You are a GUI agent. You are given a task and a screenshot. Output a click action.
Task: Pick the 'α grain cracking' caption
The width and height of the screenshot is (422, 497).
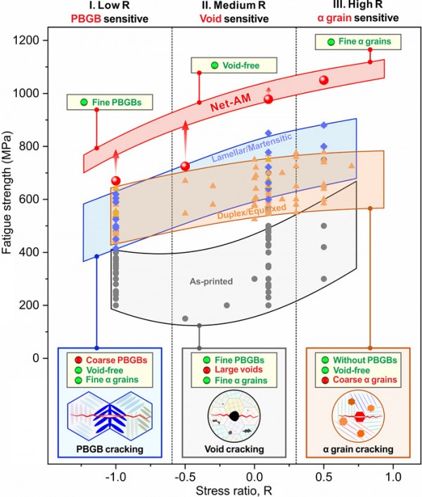pos(358,448)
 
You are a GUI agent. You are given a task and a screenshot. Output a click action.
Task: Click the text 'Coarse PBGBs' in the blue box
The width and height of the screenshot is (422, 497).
pos(119,359)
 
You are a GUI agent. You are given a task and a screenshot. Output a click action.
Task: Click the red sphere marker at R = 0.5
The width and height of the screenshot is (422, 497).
pos(324,80)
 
